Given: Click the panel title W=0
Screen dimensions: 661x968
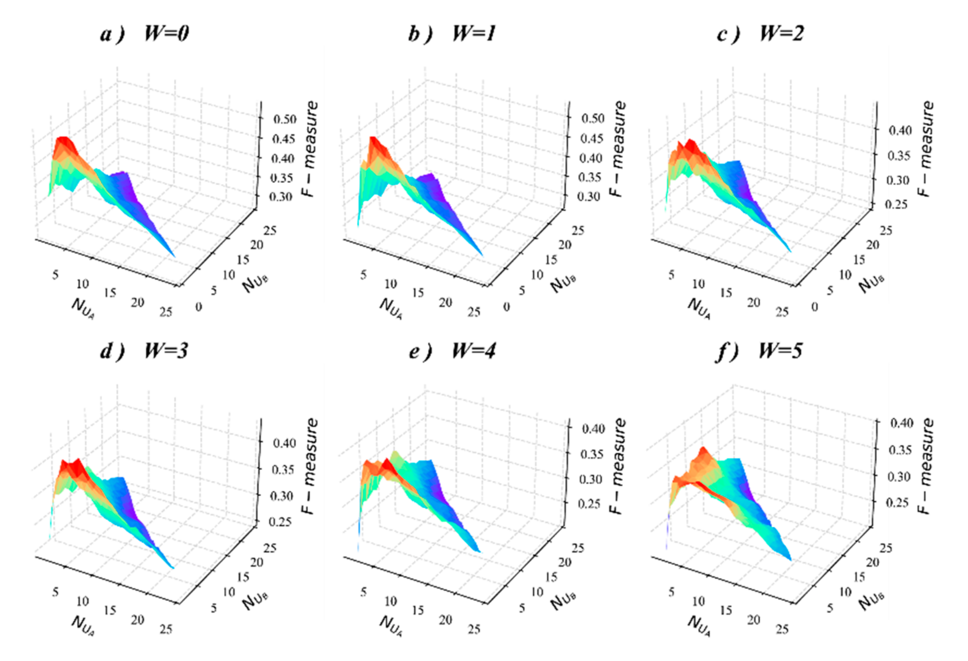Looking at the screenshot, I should [x=166, y=33].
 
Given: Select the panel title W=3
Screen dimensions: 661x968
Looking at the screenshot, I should [x=166, y=351].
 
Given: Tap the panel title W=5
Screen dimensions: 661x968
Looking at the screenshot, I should [x=780, y=351].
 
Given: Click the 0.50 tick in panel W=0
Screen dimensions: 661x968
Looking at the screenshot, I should [x=284, y=120].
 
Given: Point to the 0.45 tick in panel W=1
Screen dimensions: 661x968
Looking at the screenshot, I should [x=592, y=138].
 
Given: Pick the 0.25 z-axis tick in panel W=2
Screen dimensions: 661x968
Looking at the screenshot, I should [x=899, y=205].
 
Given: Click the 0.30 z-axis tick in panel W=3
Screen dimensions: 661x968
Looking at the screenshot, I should [x=283, y=496].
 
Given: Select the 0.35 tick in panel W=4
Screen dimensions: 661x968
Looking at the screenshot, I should [x=592, y=454].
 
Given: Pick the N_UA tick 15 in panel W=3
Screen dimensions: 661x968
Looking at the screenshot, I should [x=110, y=610].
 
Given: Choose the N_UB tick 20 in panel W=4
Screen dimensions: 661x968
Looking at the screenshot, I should [x=565, y=562].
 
